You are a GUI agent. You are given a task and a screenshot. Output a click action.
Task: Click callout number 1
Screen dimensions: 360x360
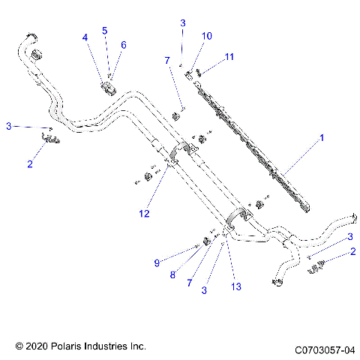[321, 139]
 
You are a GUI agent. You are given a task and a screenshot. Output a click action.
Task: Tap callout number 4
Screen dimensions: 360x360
[85, 37]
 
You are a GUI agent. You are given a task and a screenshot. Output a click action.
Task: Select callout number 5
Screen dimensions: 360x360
[105, 31]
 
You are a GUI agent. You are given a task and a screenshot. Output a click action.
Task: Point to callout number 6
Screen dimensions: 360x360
[124, 45]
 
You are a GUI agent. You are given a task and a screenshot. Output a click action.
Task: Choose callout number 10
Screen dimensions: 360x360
[207, 35]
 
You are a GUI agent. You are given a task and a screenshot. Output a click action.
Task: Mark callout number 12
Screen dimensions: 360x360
[144, 214]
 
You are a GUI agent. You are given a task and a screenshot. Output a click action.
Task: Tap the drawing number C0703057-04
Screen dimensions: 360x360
[325, 348]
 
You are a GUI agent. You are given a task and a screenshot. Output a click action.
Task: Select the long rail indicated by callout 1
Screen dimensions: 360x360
[255, 139]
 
